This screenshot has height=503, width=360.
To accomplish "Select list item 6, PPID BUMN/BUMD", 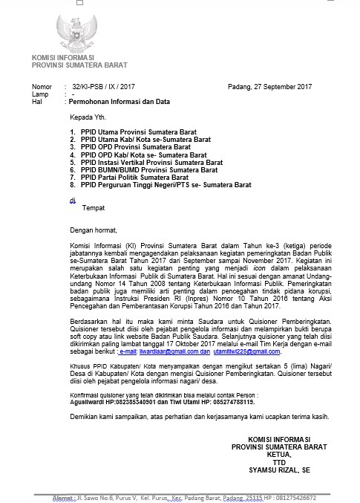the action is tap(148, 169).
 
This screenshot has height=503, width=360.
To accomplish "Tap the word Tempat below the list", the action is tap(94, 207).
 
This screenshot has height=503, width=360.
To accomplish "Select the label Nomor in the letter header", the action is tap(42, 87).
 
